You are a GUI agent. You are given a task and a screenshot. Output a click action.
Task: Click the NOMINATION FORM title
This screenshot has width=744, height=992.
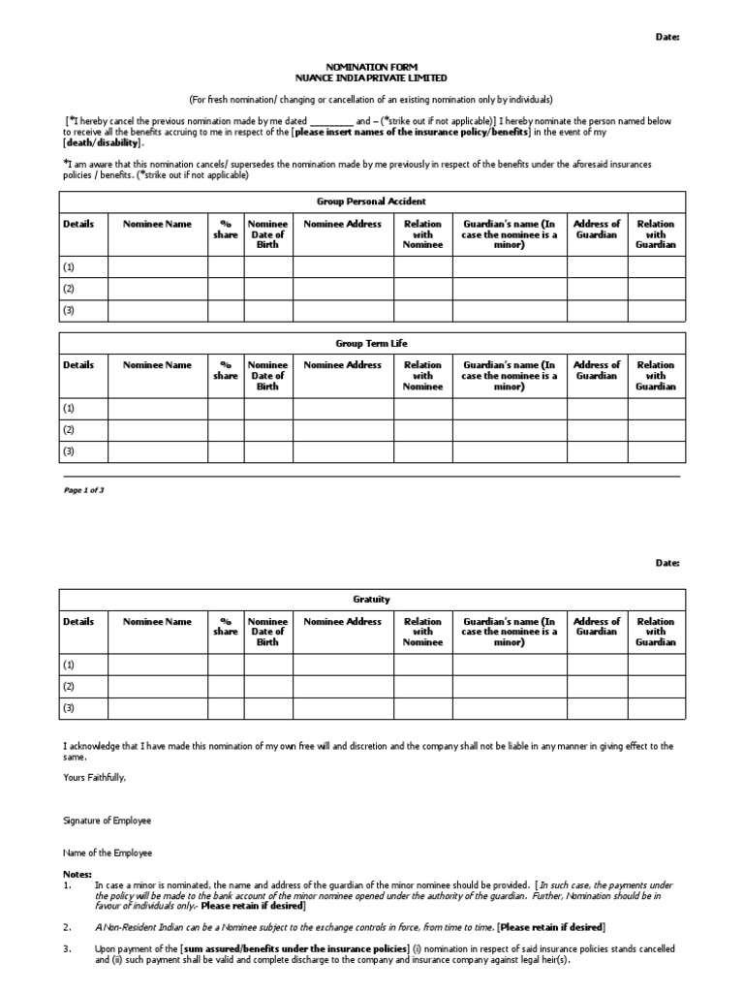[371, 67]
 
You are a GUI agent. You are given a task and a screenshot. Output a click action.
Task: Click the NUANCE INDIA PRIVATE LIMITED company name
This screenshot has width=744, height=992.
[371, 77]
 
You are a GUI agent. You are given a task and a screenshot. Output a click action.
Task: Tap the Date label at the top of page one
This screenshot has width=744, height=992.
[668, 36]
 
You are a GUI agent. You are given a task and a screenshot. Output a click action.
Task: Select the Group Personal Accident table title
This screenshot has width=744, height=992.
[371, 201]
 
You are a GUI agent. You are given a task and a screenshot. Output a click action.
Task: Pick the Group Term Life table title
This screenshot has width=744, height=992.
[371, 343]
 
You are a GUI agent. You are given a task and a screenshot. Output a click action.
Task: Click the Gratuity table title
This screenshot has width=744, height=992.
[371, 600]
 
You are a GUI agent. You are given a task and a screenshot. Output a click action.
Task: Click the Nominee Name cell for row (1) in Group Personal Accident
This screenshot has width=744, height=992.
[157, 266]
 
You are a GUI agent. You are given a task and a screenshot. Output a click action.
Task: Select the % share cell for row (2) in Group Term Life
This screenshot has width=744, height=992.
[225, 429]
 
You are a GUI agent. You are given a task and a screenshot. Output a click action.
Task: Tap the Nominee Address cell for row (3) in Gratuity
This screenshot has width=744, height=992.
[342, 708]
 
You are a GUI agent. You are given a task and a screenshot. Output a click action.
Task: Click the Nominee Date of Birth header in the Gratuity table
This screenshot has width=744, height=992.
[268, 632]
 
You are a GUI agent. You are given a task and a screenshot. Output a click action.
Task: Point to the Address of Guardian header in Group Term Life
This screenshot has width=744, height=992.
[597, 370]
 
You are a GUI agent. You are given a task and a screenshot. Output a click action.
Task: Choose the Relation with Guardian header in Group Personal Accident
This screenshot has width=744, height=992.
[656, 234]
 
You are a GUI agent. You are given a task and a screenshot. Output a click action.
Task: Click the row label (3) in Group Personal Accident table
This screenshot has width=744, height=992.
[69, 310]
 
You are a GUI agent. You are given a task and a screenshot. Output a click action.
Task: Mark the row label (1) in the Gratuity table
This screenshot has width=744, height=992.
[69, 665]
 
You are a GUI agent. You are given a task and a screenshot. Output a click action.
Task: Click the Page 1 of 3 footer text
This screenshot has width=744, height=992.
[83, 490]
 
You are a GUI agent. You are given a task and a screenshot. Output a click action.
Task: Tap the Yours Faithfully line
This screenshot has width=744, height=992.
[94, 777]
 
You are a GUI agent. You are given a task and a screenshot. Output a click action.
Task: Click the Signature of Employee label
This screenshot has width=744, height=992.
[107, 821]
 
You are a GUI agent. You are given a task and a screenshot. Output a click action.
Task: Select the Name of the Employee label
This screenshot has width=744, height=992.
[107, 853]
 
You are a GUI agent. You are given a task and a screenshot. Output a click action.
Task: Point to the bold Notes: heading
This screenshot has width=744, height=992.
[77, 874]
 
